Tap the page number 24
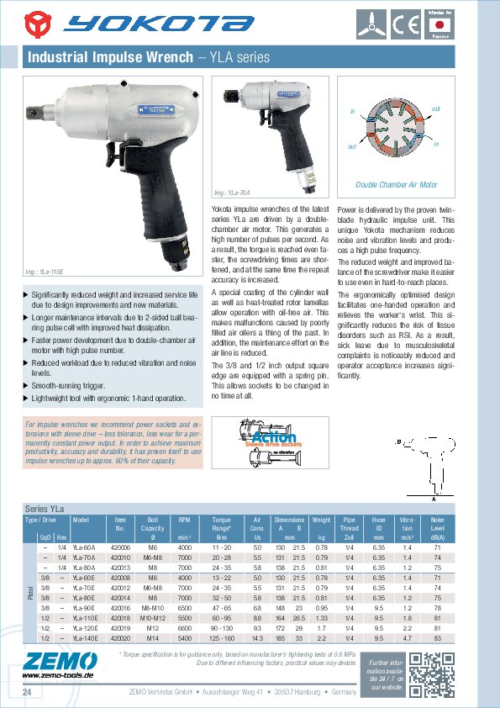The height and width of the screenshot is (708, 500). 27,691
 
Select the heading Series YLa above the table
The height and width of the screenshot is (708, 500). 45,510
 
